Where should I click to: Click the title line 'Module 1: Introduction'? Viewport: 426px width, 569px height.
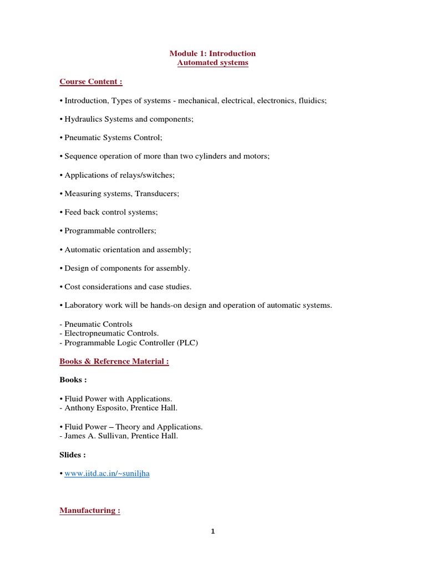(x=213, y=53)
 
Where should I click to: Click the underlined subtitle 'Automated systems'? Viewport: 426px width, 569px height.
(x=213, y=63)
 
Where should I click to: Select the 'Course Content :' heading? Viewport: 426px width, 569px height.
(x=91, y=82)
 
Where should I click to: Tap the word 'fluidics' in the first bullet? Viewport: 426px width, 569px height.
(x=312, y=101)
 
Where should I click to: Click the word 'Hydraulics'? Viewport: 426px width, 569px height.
(x=83, y=119)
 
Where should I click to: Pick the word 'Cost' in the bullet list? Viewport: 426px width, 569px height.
(x=73, y=287)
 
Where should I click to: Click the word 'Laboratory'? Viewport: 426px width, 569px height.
(x=83, y=305)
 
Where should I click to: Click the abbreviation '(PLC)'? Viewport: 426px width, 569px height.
(x=187, y=342)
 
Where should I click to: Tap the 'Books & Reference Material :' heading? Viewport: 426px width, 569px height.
(x=114, y=361)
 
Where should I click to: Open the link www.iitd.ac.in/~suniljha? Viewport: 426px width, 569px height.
(x=107, y=474)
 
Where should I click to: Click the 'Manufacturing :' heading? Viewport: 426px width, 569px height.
(x=90, y=511)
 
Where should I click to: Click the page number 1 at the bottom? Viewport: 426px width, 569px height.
(x=212, y=531)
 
